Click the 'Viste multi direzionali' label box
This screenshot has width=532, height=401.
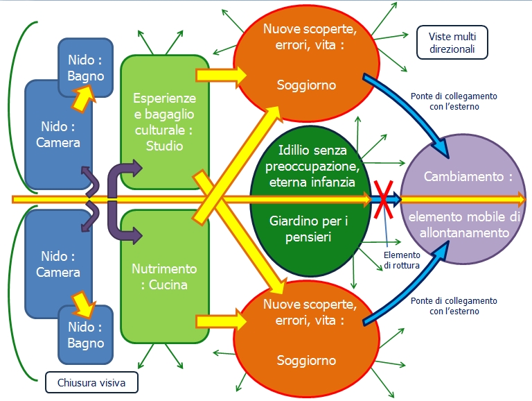(x=452, y=42)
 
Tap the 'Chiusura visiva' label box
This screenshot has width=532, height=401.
(x=91, y=382)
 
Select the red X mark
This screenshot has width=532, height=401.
(x=383, y=200)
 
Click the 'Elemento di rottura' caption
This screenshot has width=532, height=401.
(x=402, y=260)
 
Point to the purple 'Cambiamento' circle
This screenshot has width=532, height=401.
(x=463, y=199)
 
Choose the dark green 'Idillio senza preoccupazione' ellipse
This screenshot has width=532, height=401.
(x=310, y=200)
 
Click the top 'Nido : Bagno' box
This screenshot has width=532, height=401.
(x=85, y=67)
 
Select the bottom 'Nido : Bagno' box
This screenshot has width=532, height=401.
(x=85, y=334)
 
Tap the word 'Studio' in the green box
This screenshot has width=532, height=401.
(x=165, y=146)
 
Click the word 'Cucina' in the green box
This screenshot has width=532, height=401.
(x=168, y=284)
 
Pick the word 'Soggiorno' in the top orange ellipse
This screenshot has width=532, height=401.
(x=306, y=85)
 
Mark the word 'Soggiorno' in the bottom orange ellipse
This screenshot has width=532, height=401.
(x=306, y=360)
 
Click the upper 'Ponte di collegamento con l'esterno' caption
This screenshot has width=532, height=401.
(x=454, y=101)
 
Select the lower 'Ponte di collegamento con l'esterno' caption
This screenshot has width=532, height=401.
(x=454, y=306)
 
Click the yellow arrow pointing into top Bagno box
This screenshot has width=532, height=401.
(x=83, y=99)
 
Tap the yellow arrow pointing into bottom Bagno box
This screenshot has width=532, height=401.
(x=83, y=303)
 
